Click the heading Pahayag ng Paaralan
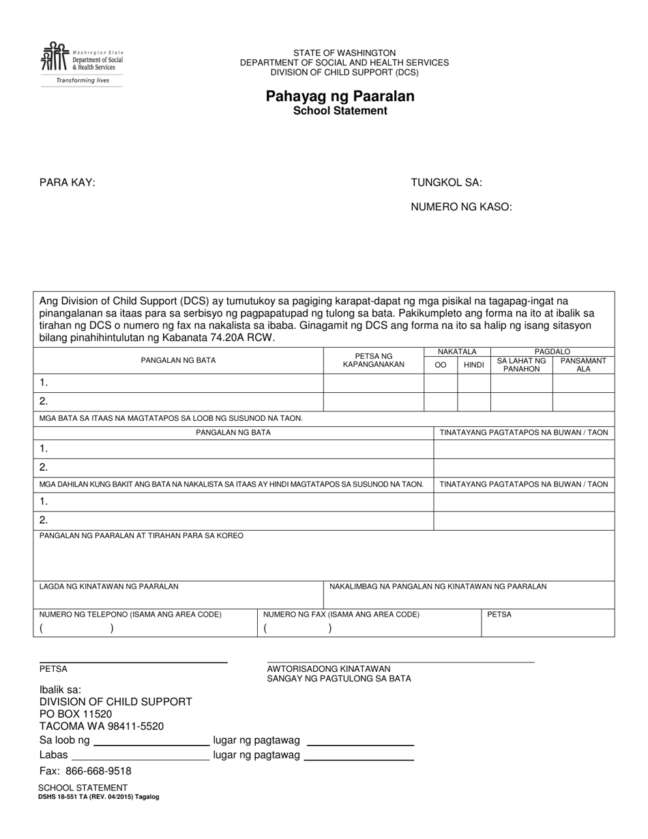340,96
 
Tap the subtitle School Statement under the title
340,111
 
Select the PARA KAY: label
67,182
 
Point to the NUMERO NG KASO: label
461,207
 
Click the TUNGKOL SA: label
446,182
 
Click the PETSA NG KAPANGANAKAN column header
373,360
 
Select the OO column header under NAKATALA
441,365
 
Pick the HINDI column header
473,365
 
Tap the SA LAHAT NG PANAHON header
521,365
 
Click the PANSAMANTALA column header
583,365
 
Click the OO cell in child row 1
441,383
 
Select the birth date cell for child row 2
373,401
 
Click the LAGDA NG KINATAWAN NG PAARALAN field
177,595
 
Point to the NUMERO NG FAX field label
341,615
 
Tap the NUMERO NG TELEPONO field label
130,615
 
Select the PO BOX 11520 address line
75,714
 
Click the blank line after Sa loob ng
151,740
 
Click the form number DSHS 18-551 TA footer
99,797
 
